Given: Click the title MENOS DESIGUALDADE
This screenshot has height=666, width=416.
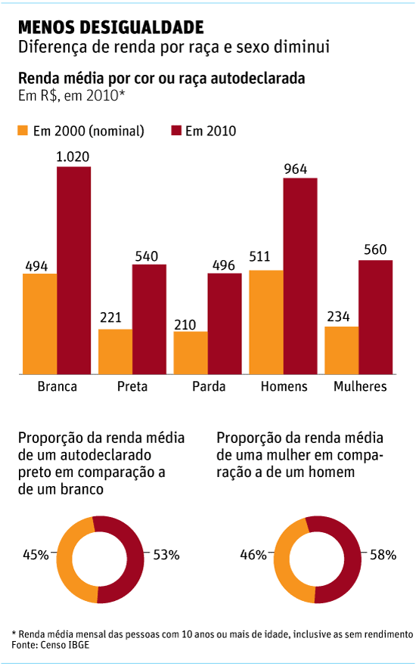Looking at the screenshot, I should click(x=110, y=28).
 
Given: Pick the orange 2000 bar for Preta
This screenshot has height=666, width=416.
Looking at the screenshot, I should click(x=115, y=352).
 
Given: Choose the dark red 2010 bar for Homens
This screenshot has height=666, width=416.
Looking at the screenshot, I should click(x=300, y=276).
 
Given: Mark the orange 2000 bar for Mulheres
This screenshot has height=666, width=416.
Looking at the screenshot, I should click(x=342, y=350).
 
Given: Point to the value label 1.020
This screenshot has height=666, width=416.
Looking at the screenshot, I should click(x=73, y=157).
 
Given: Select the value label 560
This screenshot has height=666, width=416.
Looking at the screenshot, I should click(x=376, y=250).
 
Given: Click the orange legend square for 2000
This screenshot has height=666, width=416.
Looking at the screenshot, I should click(x=23, y=131).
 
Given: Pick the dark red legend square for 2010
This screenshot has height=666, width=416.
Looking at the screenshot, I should click(x=177, y=131).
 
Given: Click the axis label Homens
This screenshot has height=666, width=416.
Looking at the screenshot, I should click(x=284, y=387).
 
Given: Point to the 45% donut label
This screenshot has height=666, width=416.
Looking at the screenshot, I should click(x=36, y=555).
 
